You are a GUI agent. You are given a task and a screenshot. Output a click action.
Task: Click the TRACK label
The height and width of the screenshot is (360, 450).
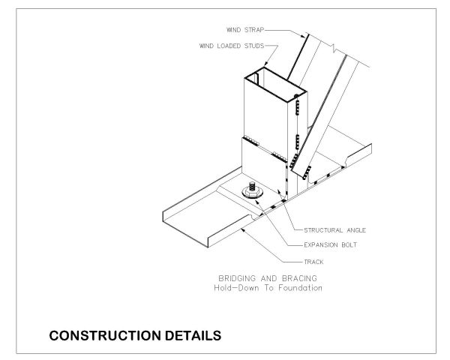[313, 262]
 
